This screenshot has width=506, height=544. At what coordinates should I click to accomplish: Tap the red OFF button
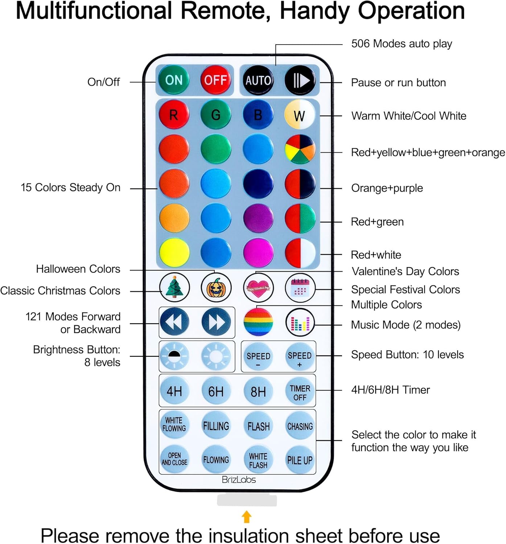(215, 80)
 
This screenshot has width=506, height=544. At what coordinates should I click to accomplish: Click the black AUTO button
(258, 80)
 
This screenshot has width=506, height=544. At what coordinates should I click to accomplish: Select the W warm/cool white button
(300, 115)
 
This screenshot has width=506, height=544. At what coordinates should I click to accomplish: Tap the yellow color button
(174, 252)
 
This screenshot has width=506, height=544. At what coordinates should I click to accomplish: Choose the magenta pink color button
(258, 252)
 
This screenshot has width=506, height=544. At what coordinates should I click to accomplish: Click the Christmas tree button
(174, 287)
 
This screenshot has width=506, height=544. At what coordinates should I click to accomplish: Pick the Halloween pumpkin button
(216, 287)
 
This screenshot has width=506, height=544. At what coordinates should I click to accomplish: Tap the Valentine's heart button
(258, 287)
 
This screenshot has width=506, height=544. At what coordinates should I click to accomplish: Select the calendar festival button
(300, 287)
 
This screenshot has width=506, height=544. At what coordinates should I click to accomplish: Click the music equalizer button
(300, 322)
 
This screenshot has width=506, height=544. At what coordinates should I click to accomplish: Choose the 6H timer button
(216, 391)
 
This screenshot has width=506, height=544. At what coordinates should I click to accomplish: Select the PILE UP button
(300, 460)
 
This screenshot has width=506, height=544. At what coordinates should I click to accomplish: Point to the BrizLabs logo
(239, 480)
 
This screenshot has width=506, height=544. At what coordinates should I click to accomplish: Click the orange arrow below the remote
(247, 516)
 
